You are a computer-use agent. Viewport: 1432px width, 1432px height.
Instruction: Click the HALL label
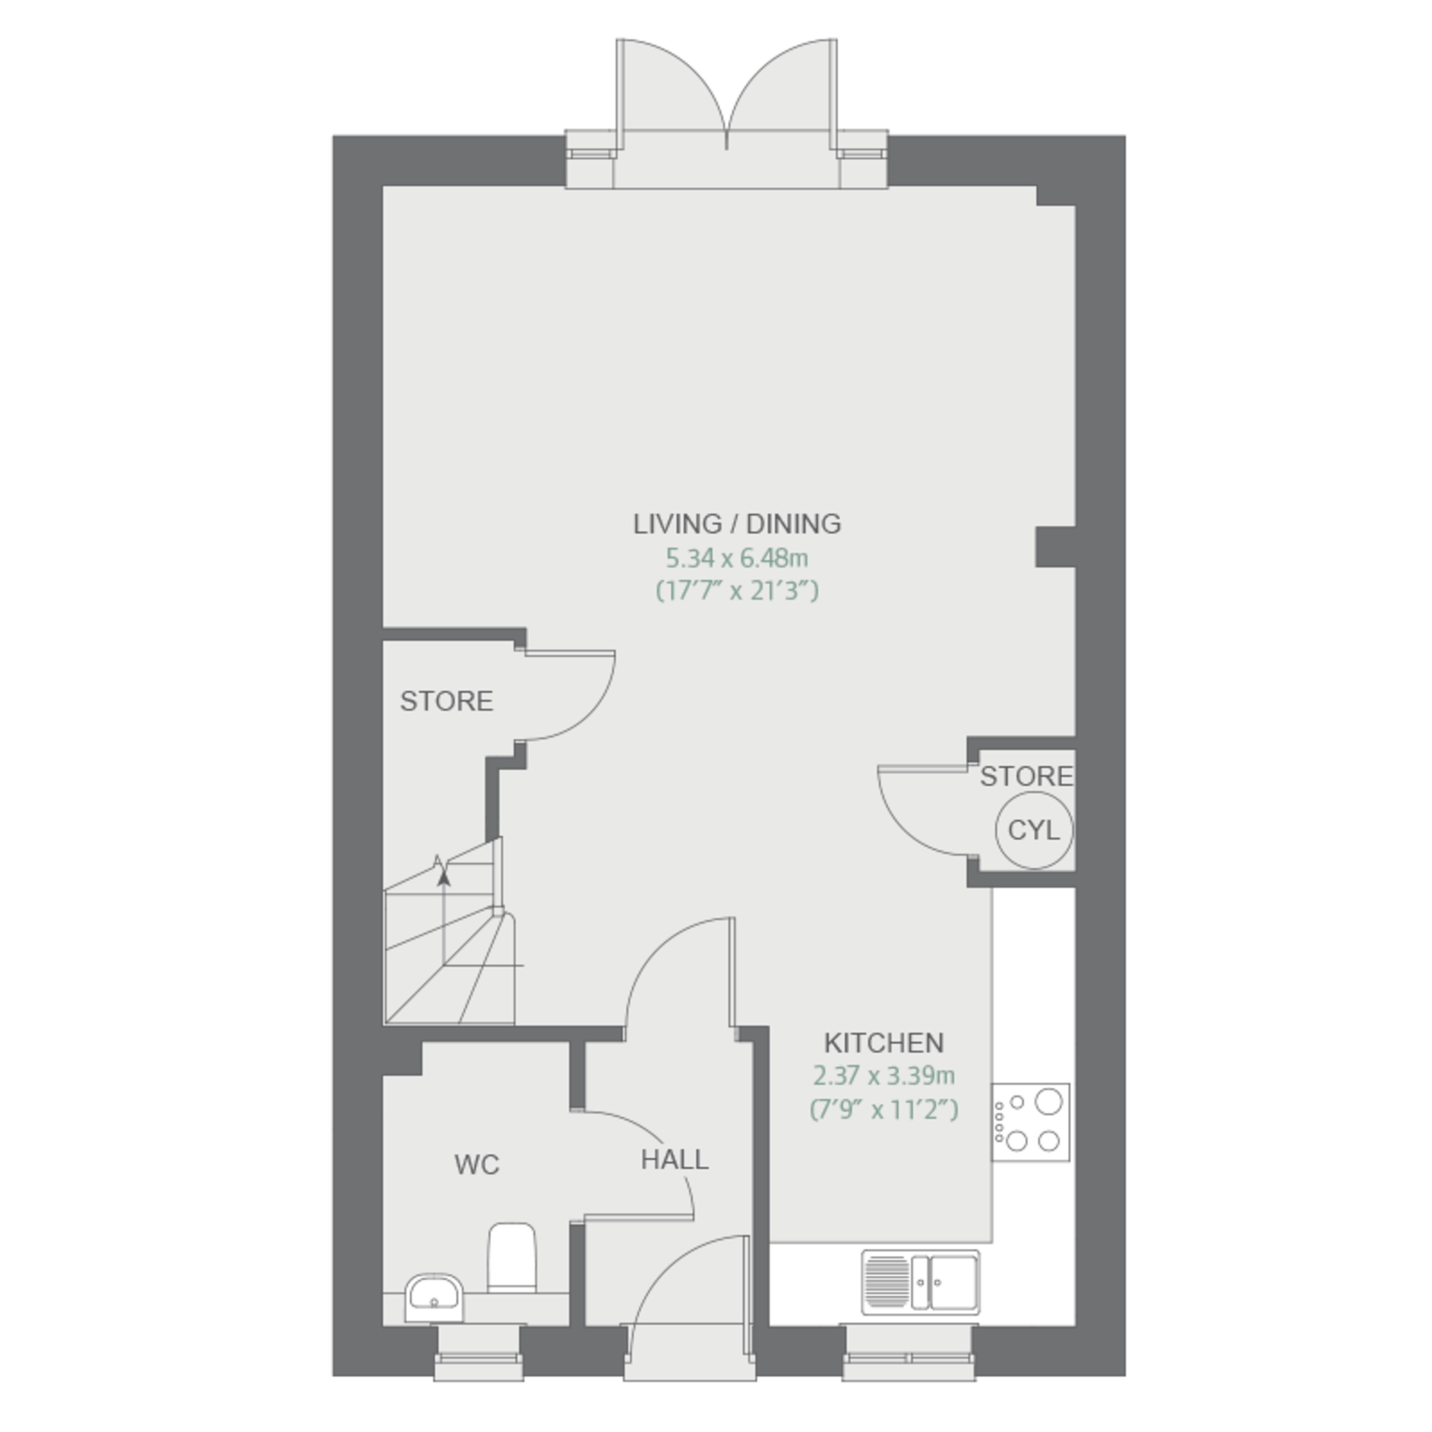pos(675,1159)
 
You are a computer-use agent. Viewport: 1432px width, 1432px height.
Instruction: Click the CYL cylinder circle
pos(1034,830)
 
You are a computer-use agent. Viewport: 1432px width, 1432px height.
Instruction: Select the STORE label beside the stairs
pos(446,701)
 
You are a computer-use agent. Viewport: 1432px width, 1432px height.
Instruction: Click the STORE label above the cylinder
pos(1027,776)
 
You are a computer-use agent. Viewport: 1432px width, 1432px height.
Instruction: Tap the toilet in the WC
pos(511,1258)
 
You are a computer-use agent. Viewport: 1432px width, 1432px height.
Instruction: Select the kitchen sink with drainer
pos(921,1282)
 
